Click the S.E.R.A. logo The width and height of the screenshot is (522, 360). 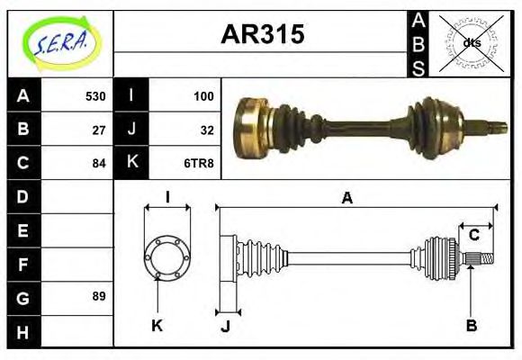point(60,42)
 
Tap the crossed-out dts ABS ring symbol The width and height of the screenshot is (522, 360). point(471,42)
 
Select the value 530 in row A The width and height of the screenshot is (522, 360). point(95,96)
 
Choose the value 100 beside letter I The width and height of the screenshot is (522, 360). point(203,96)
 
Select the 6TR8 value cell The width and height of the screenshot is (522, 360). point(199,163)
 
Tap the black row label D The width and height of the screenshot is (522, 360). point(23,196)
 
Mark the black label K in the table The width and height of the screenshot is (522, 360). point(131,163)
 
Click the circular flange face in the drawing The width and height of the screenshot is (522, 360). point(167,256)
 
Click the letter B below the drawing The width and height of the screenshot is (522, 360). point(471,324)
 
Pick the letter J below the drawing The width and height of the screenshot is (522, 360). point(225,326)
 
